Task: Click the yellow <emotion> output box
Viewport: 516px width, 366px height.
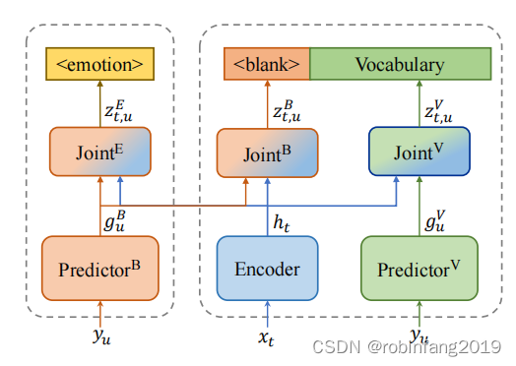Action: pyautogui.click(x=99, y=66)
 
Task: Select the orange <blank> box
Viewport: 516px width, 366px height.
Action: pyautogui.click(x=267, y=66)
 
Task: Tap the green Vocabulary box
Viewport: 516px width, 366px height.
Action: pyautogui.click(x=399, y=66)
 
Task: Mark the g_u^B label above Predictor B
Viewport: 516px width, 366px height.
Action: pyautogui.click(x=116, y=218)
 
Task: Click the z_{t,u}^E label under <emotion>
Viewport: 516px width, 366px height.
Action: pyautogui.click(x=118, y=108)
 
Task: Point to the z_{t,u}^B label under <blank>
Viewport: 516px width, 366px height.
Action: pyautogui.click(x=286, y=108)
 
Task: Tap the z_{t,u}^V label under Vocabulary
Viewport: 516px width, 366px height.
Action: pyautogui.click(x=438, y=108)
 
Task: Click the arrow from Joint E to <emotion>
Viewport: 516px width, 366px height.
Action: pyautogui.click(x=99, y=105)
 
